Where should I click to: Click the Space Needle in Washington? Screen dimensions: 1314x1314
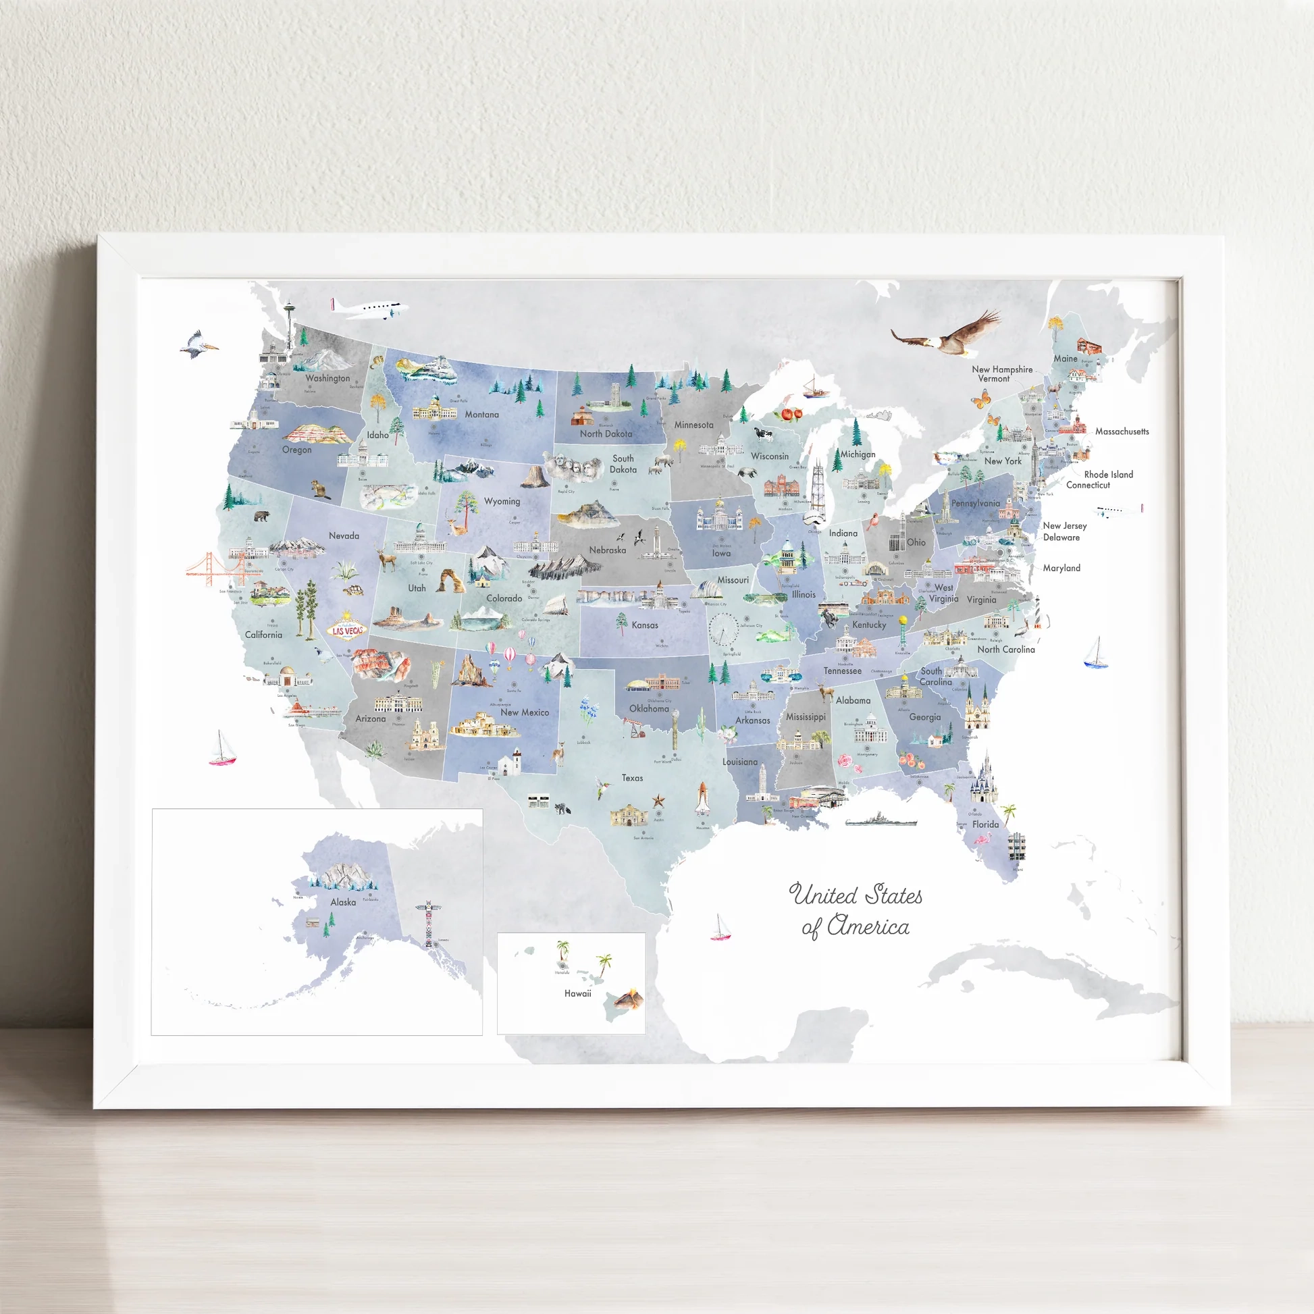pos(290,325)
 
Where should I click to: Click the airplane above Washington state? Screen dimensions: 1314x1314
pos(370,309)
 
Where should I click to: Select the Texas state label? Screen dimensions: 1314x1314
pos(632,777)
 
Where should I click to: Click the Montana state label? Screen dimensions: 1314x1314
pos(481,414)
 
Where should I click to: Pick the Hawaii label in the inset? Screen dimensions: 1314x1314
pos(577,994)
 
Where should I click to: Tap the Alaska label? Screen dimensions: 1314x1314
pos(343,902)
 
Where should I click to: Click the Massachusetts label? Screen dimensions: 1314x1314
pos(1122,431)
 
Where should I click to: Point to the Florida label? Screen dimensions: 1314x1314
pos(984,824)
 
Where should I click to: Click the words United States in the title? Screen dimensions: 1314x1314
pos(856,895)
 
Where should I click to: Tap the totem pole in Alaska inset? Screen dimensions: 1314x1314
pos(429,924)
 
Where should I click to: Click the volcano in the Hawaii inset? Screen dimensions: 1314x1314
pos(629,999)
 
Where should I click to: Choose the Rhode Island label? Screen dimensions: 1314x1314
pos(1108,474)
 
